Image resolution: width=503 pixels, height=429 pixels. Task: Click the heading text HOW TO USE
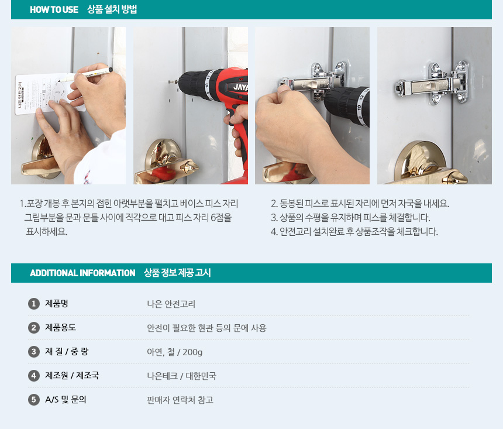pos(54,9)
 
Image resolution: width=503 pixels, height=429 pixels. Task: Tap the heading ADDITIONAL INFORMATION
pos(82,273)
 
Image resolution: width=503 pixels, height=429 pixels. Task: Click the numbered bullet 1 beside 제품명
pos(34,304)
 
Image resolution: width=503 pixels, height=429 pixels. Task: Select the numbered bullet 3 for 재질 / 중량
pos(34,352)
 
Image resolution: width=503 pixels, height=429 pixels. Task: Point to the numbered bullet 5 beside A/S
pos(34,400)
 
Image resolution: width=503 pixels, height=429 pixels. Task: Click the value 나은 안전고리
pos(171,304)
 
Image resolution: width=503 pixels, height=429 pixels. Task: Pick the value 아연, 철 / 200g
pos(174,352)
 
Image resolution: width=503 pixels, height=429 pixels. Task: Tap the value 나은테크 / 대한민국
pos(181,376)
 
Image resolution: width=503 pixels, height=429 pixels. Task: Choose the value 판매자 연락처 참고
pos(180,400)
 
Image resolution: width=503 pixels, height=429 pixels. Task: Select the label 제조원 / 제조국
pos(72,375)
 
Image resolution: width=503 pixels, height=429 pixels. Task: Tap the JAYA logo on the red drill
pos(240,87)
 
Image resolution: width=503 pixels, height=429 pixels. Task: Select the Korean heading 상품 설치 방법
pos(112,9)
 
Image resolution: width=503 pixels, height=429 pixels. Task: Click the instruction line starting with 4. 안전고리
pos(354,232)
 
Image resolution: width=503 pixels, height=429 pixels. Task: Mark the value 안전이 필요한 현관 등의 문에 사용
pos(206,328)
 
